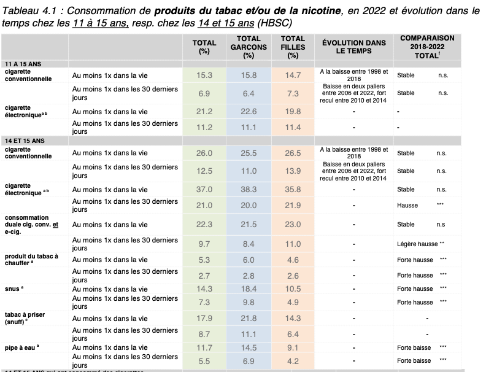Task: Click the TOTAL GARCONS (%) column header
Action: pyautogui.click(x=249, y=47)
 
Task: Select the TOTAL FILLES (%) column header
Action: pyautogui.click(x=293, y=47)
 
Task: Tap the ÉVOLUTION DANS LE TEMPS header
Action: pyautogui.click(x=354, y=47)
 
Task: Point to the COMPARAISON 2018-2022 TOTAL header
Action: pyautogui.click(x=427, y=47)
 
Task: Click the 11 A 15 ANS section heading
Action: pyautogui.click(x=20, y=64)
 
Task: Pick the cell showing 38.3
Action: pyautogui.click(x=249, y=190)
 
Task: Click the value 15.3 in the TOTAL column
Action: pyautogui.click(x=204, y=75)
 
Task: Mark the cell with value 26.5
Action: pyautogui.click(x=293, y=153)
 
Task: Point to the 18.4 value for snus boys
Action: pyautogui.click(x=249, y=289)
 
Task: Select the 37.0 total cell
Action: pyautogui.click(x=204, y=190)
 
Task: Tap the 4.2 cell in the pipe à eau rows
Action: pyautogui.click(x=293, y=361)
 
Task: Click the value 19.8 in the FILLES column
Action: pyautogui.click(x=293, y=111)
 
